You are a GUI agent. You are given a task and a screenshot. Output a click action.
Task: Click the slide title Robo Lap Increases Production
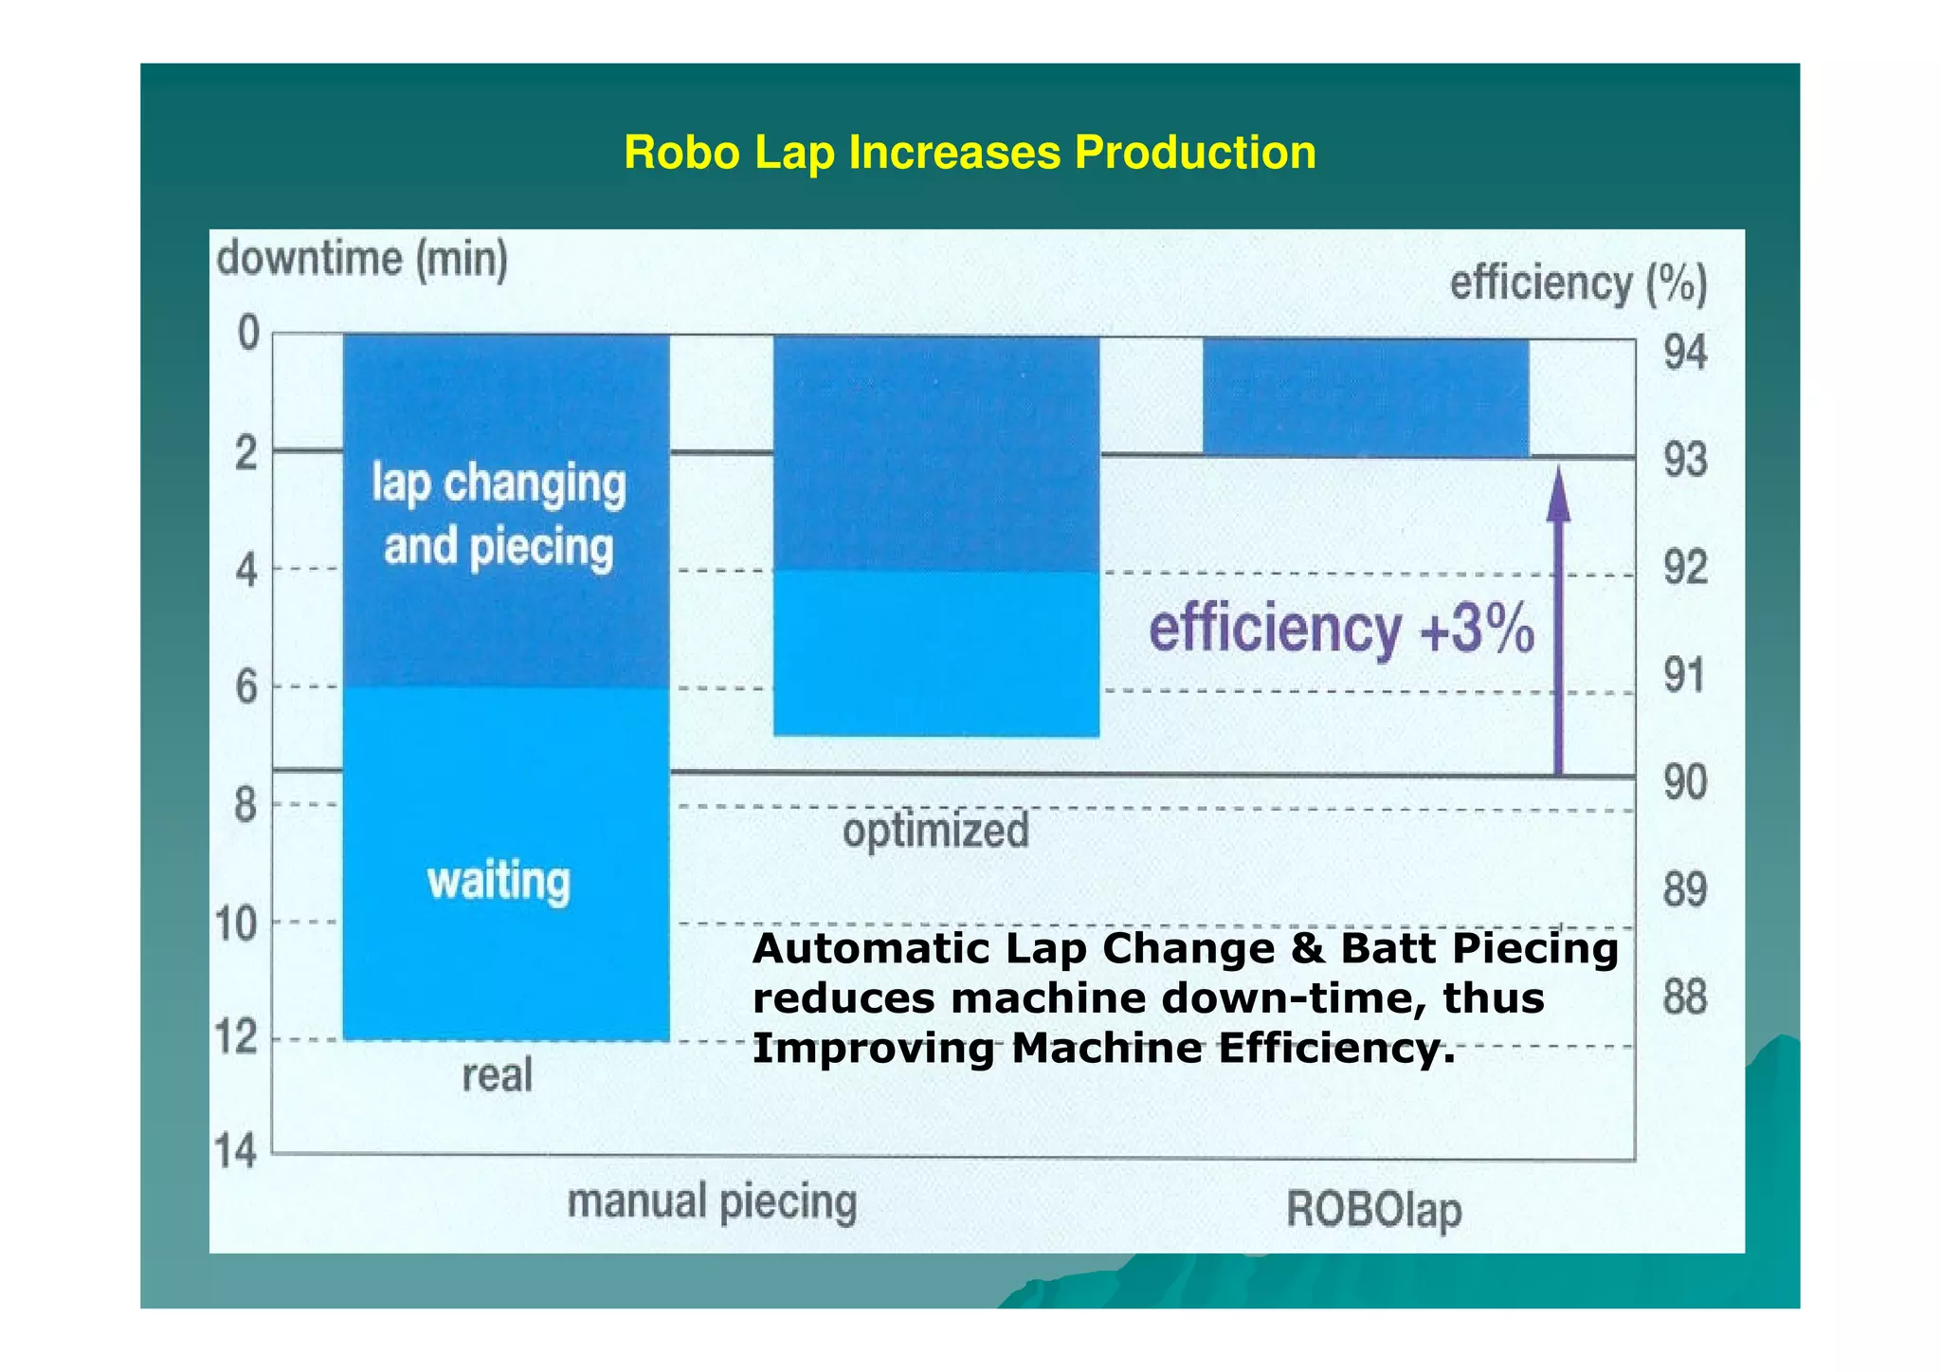pos(970,154)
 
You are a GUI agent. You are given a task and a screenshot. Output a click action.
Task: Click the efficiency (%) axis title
pos(1578,284)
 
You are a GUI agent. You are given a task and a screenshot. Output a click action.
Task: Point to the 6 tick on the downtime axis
pos(246,686)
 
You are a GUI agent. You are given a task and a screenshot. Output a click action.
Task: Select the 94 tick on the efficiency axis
pos(1685,354)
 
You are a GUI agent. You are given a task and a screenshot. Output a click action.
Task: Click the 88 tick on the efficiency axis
pos(1684,998)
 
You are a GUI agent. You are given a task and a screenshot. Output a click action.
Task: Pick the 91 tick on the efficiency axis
pos(1684,676)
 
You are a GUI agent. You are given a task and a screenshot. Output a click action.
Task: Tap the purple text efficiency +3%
pos(1341,631)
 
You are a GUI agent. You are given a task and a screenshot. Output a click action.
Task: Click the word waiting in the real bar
pos(499,882)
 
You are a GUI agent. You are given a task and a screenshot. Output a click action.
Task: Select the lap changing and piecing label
pos(499,516)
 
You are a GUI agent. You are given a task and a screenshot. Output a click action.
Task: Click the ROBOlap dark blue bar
pos(1366,397)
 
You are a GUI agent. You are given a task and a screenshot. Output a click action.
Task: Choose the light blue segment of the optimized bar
pos(936,653)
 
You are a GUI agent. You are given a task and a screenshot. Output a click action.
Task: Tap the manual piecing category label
pos(712,1202)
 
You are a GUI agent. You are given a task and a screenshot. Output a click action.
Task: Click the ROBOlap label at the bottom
pos(1373,1211)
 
